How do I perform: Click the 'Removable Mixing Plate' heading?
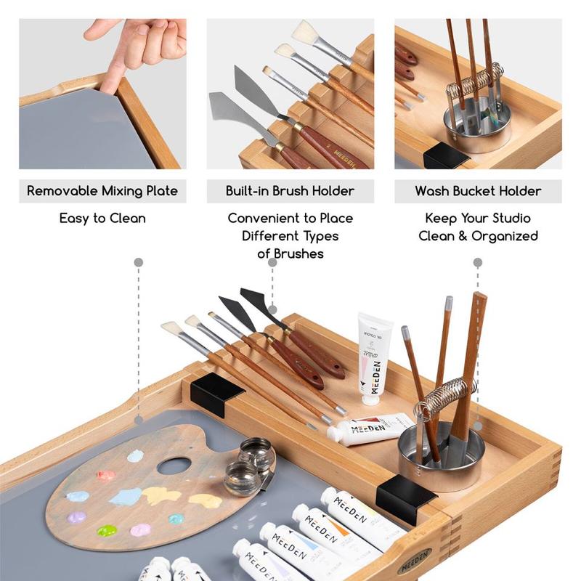[102, 191]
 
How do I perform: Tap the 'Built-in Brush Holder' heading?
[290, 191]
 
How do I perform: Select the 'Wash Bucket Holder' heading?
[478, 191]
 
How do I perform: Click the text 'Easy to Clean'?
[102, 219]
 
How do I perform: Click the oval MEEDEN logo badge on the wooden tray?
[415, 560]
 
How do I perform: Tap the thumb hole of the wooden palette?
[174, 466]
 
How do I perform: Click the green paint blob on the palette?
[107, 531]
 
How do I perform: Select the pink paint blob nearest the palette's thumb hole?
[106, 476]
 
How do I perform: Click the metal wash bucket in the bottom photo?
[442, 458]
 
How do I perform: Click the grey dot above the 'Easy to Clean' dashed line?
[139, 263]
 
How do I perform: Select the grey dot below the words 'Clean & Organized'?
[478, 263]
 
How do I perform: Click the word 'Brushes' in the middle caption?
[298, 253]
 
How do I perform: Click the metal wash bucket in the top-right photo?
[477, 124]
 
